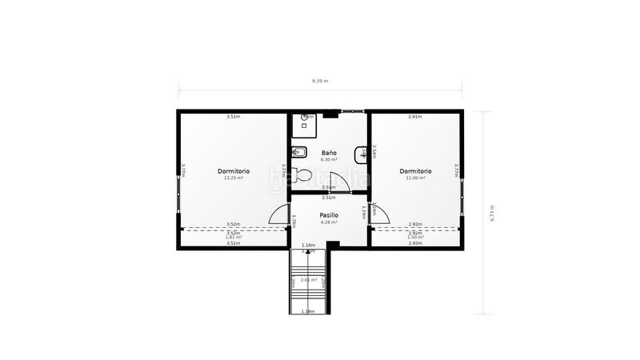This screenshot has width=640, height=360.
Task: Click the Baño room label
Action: click(329, 152)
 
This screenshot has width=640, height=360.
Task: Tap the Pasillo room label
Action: click(329, 215)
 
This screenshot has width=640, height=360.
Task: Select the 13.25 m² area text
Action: click(234, 178)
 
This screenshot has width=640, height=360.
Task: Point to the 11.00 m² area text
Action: click(415, 178)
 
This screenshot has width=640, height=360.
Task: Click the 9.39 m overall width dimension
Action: click(319, 81)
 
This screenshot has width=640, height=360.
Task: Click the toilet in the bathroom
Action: click(302, 174)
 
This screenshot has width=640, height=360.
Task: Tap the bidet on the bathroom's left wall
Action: click(298, 151)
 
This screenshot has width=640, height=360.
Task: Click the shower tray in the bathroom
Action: click(305, 121)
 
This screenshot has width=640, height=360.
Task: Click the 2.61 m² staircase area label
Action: click(308, 279)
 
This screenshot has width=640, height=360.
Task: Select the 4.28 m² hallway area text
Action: click(329, 222)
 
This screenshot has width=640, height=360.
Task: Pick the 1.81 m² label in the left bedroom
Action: click(234, 238)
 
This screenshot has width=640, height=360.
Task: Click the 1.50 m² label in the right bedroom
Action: click(415, 238)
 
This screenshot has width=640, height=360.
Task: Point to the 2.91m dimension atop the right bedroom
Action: click(415, 117)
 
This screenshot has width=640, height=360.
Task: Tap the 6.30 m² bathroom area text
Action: click(329, 159)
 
